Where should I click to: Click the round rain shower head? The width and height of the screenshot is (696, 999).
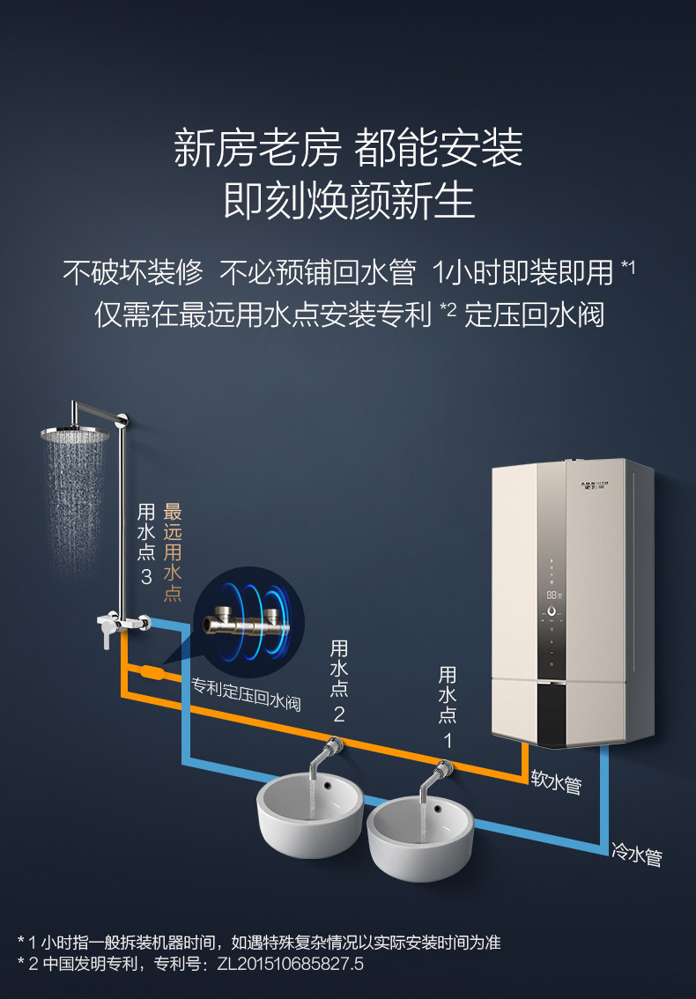point(75,434)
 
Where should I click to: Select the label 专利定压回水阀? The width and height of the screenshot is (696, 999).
point(246,694)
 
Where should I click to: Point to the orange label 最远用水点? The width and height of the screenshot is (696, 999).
point(172,551)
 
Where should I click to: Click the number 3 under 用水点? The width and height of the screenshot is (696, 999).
point(146,577)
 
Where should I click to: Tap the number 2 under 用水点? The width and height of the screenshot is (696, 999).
point(339,714)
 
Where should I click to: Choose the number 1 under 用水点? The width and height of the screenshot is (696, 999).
point(448,740)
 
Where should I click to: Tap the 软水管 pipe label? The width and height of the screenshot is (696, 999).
point(556,781)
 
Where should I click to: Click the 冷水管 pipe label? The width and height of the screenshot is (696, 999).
point(637,854)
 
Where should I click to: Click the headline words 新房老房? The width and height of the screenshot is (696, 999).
point(257,148)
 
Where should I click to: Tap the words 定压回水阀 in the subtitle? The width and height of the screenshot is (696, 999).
point(534,314)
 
